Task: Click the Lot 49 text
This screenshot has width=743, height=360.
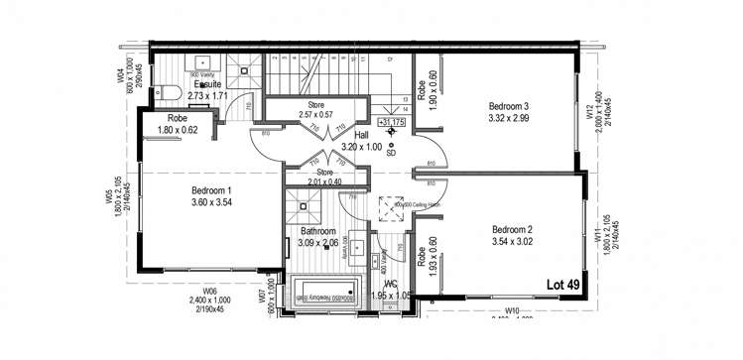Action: (x=563, y=285)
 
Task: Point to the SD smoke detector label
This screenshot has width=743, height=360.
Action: (x=391, y=152)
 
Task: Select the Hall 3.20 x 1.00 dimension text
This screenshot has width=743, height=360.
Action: (x=362, y=146)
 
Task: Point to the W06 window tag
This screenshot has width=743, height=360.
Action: (x=208, y=289)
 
